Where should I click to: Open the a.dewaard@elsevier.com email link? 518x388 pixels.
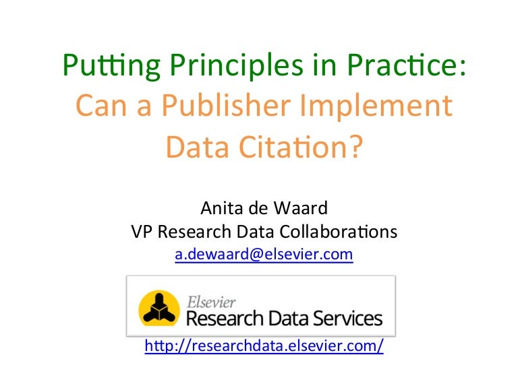(x=264, y=255)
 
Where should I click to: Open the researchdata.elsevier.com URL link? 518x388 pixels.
(x=264, y=346)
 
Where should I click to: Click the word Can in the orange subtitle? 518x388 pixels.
(x=98, y=106)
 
